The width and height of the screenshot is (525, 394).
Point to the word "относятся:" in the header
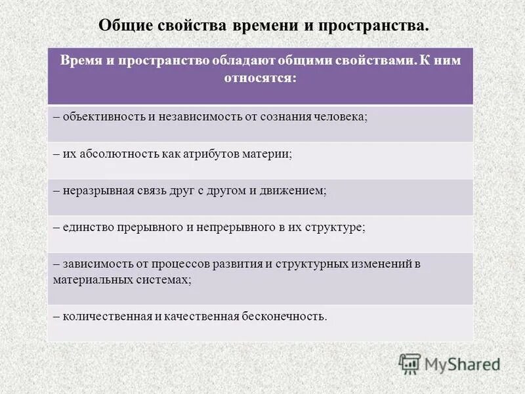coord(261,77)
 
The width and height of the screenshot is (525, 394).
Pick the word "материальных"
coord(93,278)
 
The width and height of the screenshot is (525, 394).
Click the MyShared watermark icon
coord(409,363)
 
